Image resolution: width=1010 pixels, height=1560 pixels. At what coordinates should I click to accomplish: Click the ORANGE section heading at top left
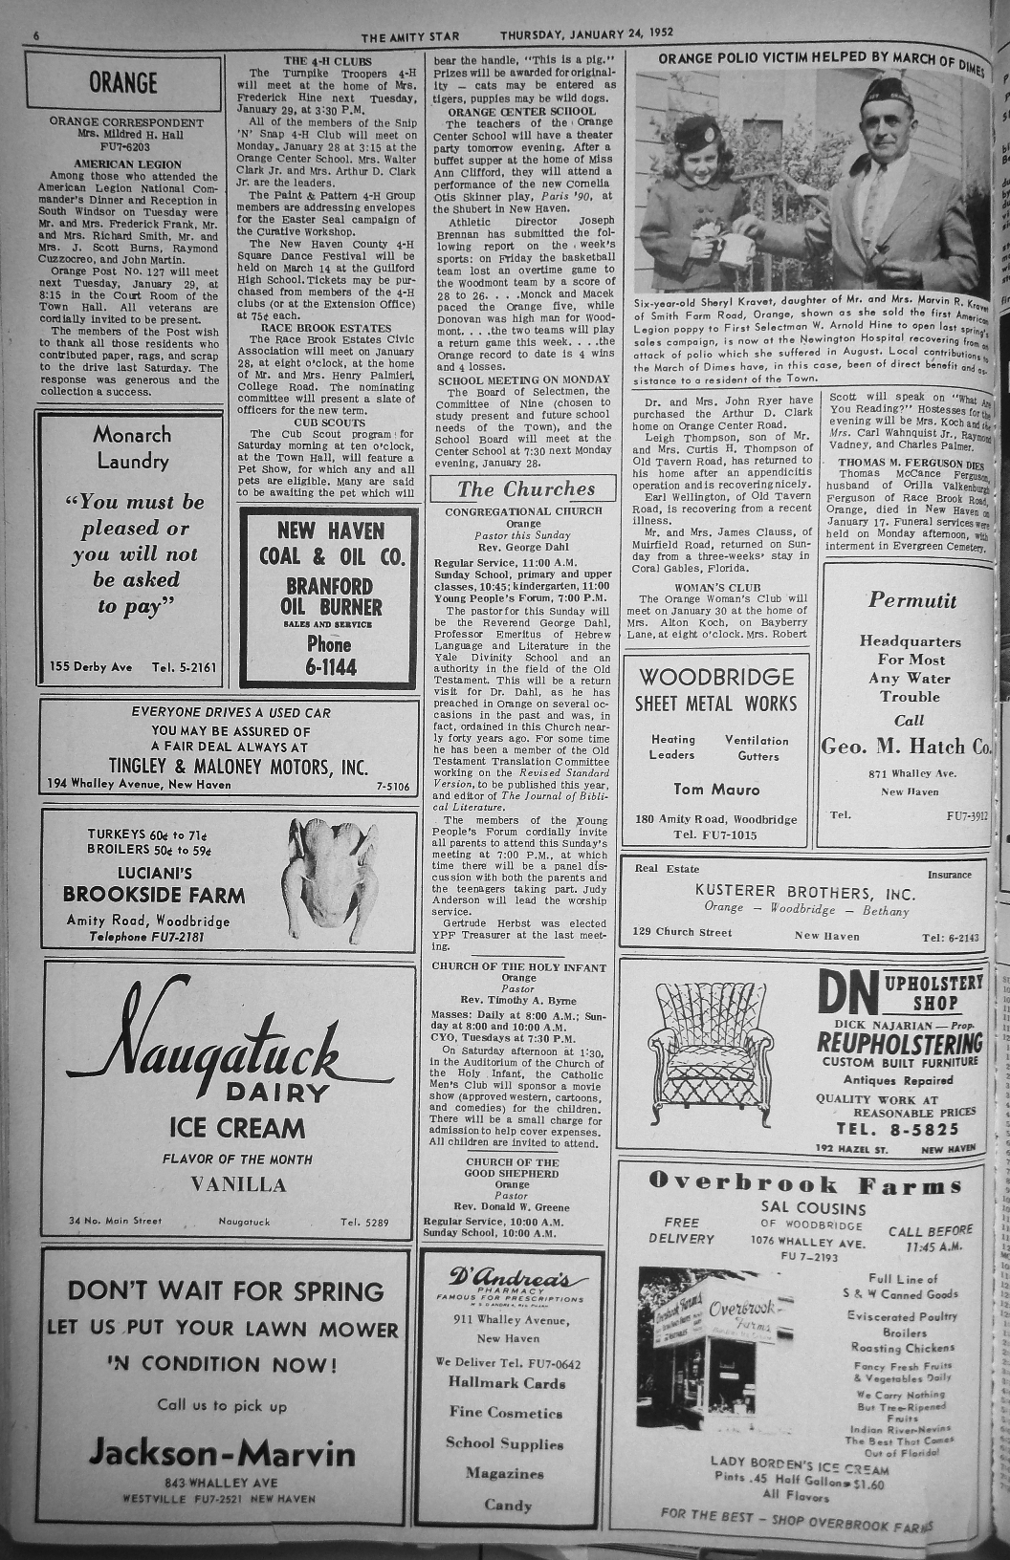(x=123, y=82)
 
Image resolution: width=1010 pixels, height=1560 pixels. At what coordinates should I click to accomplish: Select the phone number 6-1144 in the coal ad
(x=330, y=667)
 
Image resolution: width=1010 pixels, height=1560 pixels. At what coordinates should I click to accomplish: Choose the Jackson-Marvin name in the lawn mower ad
(x=222, y=1454)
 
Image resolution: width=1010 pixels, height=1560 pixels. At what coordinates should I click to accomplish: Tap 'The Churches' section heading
(x=525, y=489)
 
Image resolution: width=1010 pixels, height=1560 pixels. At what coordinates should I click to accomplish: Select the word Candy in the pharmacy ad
(x=508, y=1505)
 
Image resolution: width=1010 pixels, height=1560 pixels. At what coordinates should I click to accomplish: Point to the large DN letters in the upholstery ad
(x=848, y=995)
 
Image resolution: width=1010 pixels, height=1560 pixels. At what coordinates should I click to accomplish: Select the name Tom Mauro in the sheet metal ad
(x=716, y=790)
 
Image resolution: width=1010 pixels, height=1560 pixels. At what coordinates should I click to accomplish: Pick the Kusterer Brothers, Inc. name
(x=804, y=892)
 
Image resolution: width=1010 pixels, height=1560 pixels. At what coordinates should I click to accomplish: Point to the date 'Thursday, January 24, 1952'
(x=586, y=32)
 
